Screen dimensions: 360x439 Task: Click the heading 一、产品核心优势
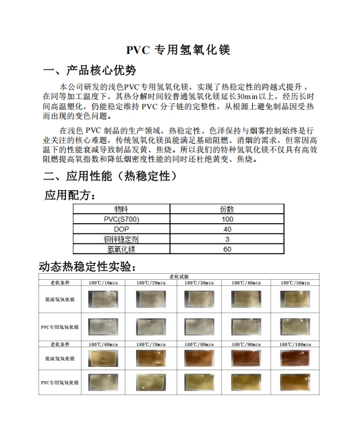tap(89, 71)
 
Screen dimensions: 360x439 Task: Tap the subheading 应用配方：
tap(70, 196)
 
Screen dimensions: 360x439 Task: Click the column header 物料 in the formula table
tap(121, 210)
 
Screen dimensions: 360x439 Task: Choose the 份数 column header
tap(227, 210)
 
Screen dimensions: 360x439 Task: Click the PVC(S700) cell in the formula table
tap(121, 219)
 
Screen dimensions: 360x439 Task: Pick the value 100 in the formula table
tap(227, 219)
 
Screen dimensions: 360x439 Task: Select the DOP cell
tap(121, 229)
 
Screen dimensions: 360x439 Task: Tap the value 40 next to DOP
tap(227, 229)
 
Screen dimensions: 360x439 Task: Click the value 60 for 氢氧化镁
tap(227, 249)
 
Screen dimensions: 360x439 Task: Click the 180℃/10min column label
tap(103, 282)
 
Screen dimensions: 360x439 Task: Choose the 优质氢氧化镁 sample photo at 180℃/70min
tap(151, 359)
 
